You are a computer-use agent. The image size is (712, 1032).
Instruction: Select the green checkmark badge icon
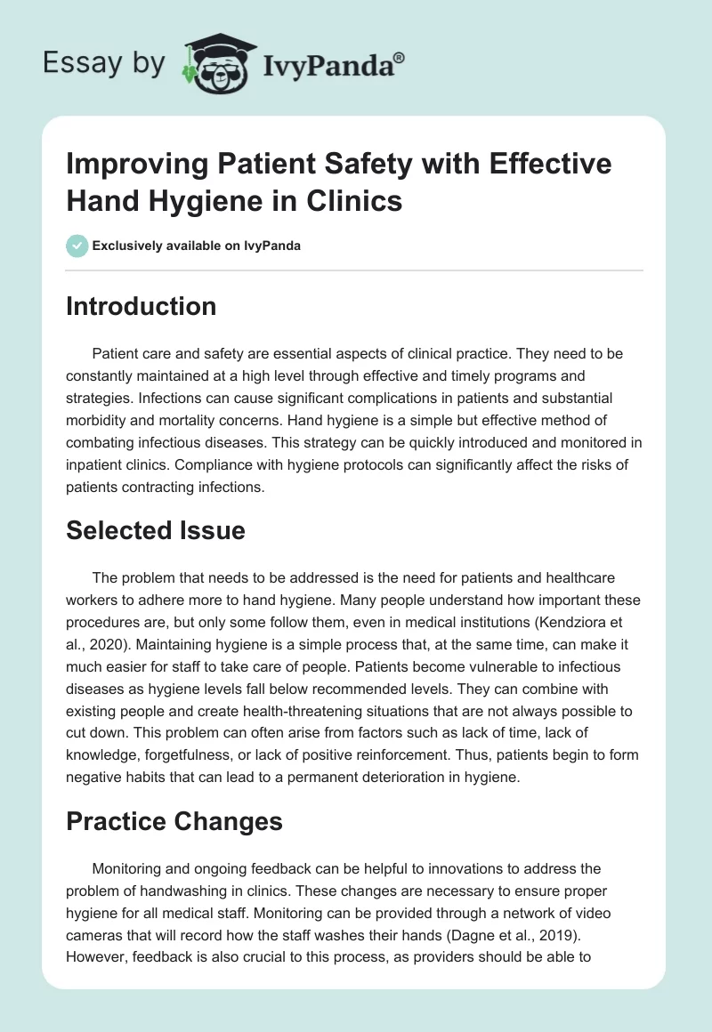pos(77,246)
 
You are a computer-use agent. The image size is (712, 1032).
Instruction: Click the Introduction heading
pos(142,306)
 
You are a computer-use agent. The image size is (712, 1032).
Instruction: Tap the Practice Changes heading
pos(174,821)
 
